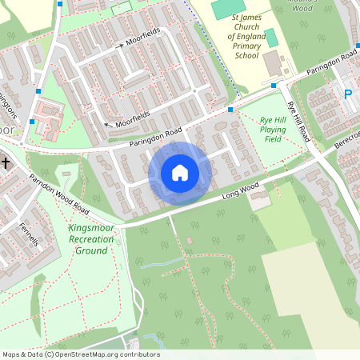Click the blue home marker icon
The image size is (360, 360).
click(179, 173)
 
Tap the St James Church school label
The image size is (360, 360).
click(246, 36)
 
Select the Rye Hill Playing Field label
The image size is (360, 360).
click(274, 129)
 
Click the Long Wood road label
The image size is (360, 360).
click(240, 190)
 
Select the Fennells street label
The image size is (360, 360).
click(27, 234)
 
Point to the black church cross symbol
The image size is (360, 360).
click(6, 163)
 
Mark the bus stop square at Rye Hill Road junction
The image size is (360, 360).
click(274, 86)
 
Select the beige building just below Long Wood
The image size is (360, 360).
click(259, 199)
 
